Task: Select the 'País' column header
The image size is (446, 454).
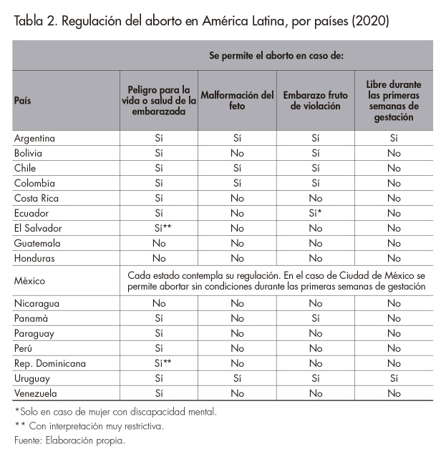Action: point(23,101)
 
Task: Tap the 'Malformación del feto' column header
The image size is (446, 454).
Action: point(237,101)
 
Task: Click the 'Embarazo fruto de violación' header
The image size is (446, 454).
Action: point(315,101)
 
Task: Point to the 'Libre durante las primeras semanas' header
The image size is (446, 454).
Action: point(393,101)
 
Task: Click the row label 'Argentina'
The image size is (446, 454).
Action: point(35,138)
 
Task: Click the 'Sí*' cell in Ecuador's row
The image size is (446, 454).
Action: point(316,213)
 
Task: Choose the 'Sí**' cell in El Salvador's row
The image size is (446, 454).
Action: point(159,228)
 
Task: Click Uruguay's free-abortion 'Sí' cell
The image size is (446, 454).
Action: point(393,378)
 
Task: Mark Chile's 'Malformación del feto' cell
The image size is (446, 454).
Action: point(237,168)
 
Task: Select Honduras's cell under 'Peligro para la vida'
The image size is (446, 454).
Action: point(159,258)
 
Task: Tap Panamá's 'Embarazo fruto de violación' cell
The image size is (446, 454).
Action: point(315,318)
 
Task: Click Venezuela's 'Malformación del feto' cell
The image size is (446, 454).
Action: point(237,393)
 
